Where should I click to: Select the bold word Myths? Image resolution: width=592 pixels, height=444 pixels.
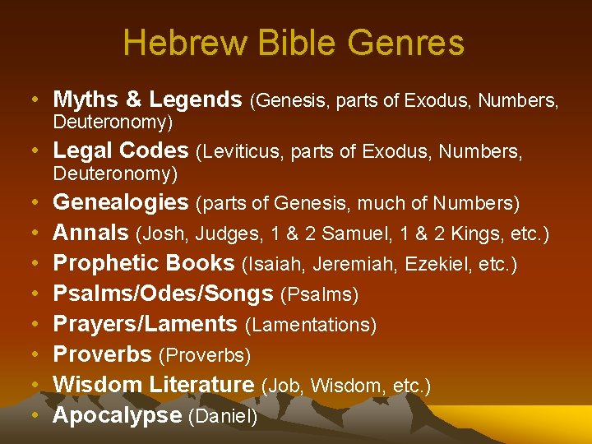pyautogui.click(x=87, y=100)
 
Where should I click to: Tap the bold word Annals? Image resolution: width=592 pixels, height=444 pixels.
pyautogui.click(x=90, y=233)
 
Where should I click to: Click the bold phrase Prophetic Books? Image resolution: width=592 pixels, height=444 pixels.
pyautogui.click(x=144, y=263)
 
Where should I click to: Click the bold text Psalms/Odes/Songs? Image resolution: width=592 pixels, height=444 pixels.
pyautogui.click(x=163, y=294)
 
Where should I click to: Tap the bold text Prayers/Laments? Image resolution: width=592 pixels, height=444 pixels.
pyautogui.click(x=145, y=324)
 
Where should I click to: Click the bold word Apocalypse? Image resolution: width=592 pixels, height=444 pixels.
pyautogui.click(x=117, y=415)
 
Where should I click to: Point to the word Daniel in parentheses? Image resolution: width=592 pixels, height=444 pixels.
pyautogui.click(x=223, y=417)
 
